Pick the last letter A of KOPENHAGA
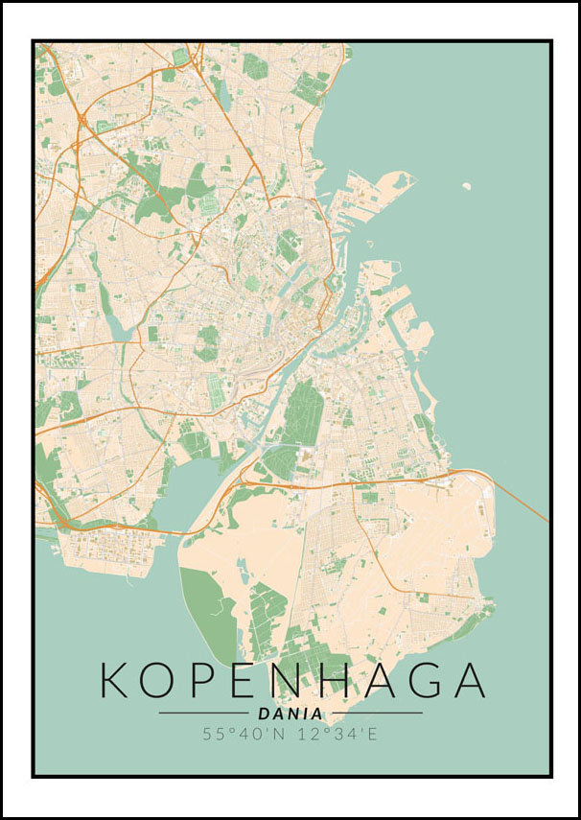coord(470,679)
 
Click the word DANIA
coord(290,714)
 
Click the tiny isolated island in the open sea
coord(467,187)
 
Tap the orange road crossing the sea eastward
coord(523,502)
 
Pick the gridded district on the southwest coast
coord(105,552)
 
